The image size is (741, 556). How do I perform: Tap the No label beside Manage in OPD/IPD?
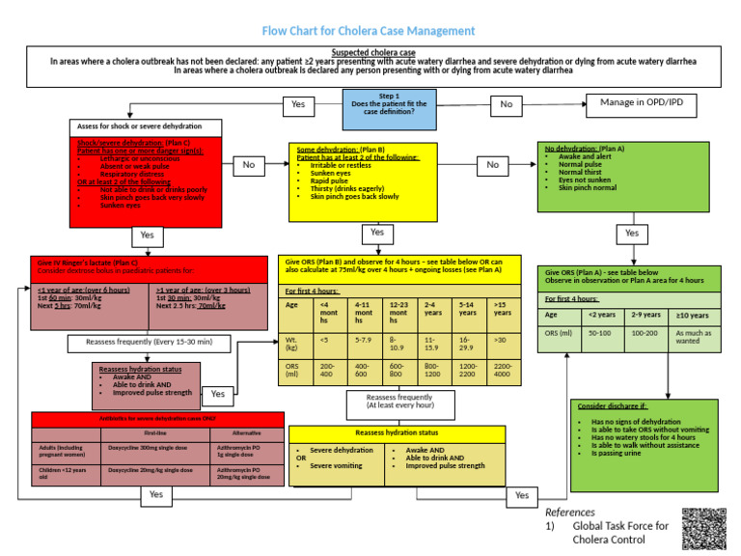click(507, 103)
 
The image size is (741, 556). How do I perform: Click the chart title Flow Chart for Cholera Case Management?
click(370, 31)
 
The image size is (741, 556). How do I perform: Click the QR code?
click(705, 528)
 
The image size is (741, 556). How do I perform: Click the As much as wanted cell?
click(694, 337)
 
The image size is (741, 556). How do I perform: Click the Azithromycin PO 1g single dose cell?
click(246, 452)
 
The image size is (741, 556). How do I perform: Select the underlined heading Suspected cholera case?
click(373, 52)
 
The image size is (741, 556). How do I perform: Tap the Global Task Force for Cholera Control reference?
click(620, 532)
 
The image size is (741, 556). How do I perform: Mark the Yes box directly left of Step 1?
click(298, 103)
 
